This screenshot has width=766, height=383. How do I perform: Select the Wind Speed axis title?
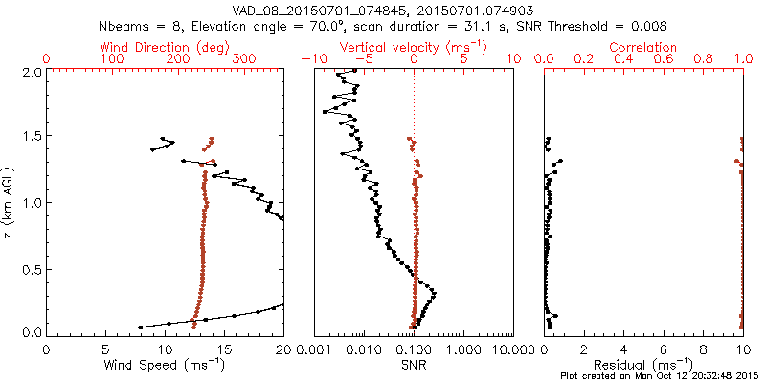(x=166, y=366)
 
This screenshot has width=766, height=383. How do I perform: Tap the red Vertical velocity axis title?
(x=413, y=46)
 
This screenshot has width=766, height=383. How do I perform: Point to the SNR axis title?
(x=414, y=366)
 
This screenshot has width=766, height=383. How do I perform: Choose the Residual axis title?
(x=643, y=366)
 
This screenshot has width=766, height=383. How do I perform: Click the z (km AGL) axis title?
(x=10, y=202)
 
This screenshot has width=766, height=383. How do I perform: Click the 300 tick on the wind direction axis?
(x=245, y=59)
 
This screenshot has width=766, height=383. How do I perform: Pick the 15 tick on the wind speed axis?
(x=224, y=349)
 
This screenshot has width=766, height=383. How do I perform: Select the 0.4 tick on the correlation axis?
(x=623, y=59)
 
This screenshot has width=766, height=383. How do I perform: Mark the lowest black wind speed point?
(x=141, y=327)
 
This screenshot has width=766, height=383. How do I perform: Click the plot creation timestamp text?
(x=661, y=376)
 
